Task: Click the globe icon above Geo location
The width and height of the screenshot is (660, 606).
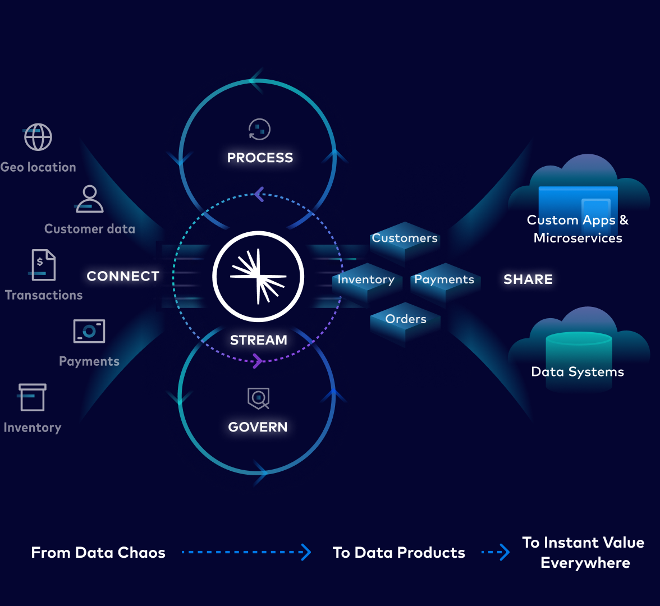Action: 38,137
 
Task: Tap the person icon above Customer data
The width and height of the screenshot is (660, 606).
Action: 90,199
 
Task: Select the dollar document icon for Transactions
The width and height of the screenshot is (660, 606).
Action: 43,265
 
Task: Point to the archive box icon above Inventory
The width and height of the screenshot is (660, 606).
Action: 32,397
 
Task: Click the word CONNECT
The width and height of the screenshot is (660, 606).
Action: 123,276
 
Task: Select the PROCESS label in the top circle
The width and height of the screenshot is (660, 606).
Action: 260,158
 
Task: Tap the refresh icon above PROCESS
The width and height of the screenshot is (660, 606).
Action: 259,129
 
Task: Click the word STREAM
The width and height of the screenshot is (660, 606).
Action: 258,340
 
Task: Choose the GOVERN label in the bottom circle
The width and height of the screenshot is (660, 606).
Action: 258,427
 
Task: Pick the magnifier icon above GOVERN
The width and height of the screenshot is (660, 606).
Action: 259,398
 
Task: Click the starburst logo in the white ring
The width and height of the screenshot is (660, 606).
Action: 258,276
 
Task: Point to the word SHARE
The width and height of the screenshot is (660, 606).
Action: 528,279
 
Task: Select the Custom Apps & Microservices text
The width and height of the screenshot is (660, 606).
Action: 577,229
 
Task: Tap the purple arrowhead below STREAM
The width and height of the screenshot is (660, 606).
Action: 258,360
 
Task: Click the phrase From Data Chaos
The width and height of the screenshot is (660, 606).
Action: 98,553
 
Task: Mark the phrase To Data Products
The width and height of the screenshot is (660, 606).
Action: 398,553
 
